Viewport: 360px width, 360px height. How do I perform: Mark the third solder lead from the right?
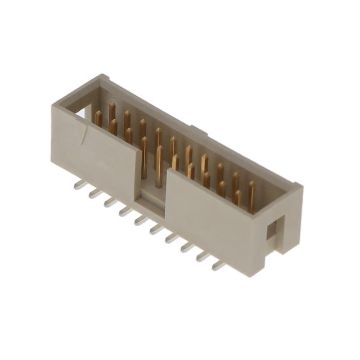coord(186,247)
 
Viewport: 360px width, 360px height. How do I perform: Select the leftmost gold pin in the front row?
coord(98,118)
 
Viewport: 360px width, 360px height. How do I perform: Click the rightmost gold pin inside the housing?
coord(251,196)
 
